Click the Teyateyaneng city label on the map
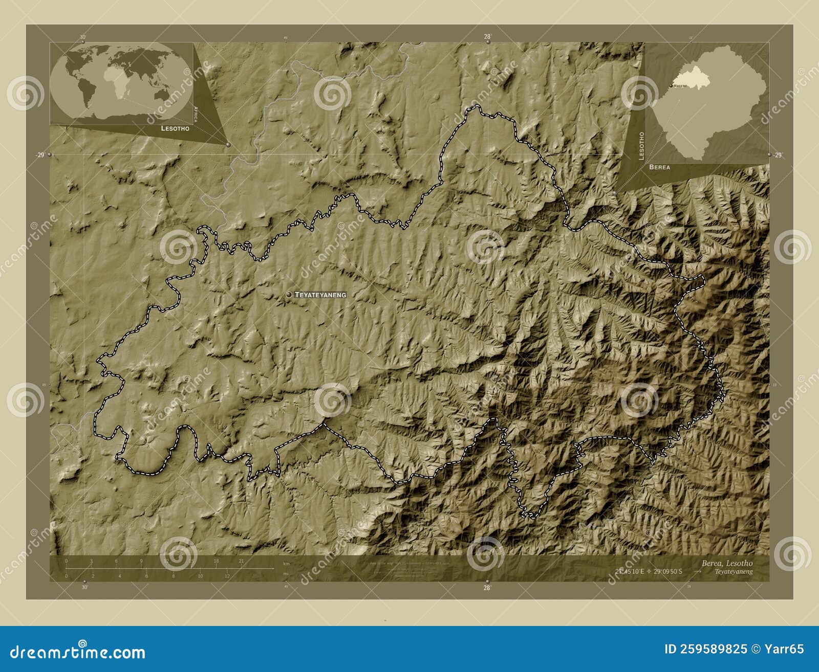pyautogui.click(x=320, y=295)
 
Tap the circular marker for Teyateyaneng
pyautogui.click(x=289, y=295)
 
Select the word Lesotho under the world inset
pyautogui.click(x=175, y=128)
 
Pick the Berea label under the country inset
pyautogui.click(x=659, y=167)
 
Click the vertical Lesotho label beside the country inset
pyautogui.click(x=642, y=146)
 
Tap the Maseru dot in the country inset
pyautogui.click(x=671, y=85)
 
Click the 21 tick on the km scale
pyautogui.click(x=241, y=561)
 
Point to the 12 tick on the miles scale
pyautogui.click(x=227, y=576)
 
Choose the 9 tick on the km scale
pyautogui.click(x=141, y=561)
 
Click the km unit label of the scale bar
pyautogui.click(x=286, y=563)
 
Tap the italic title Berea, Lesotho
pyautogui.click(x=727, y=563)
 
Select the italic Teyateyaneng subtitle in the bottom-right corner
pyautogui.click(x=734, y=572)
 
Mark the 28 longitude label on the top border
pyautogui.click(x=487, y=36)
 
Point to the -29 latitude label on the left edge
pyautogui.click(x=39, y=155)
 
